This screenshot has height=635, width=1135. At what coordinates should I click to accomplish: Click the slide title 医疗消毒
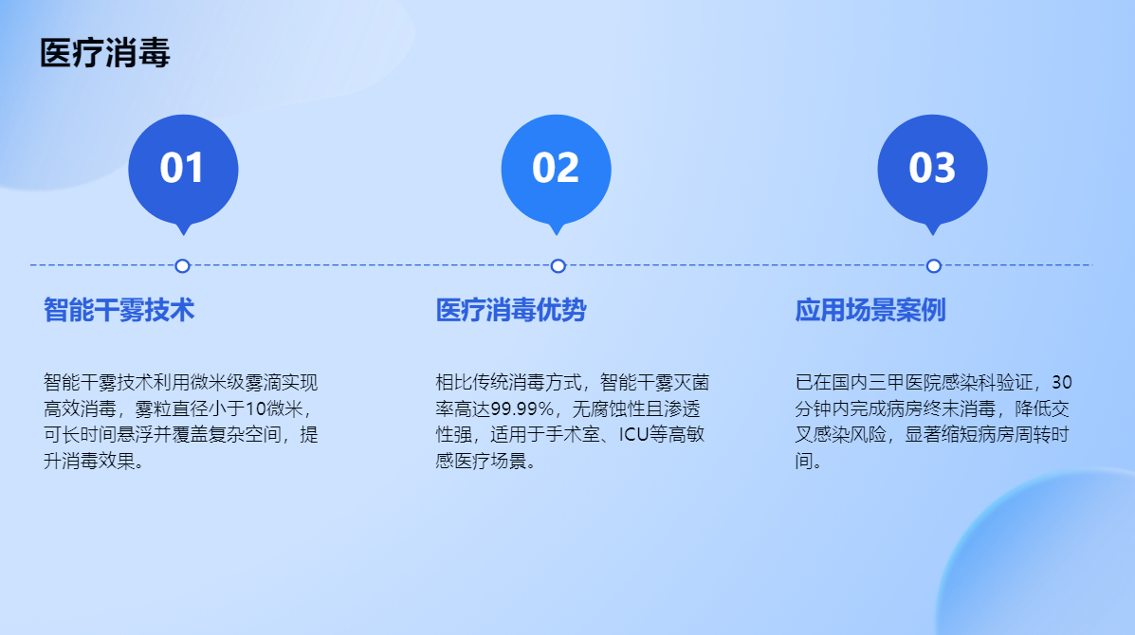105,53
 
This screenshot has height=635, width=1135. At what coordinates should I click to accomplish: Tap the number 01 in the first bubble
182,168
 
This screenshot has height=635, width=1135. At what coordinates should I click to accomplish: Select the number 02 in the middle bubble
556,168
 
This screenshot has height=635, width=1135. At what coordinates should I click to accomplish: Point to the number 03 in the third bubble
932,168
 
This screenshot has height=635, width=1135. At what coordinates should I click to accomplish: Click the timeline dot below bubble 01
182,266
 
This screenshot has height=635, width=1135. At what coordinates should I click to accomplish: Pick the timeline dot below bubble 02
558,266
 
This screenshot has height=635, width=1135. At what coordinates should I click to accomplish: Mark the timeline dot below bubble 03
934,266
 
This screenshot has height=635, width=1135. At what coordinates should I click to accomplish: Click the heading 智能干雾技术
119,310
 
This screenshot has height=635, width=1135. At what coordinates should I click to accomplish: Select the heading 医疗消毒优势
511,310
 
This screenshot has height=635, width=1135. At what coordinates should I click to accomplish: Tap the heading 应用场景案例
870,310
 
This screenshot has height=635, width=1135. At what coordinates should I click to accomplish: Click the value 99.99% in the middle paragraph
522,408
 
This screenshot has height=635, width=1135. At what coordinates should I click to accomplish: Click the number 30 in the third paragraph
1062,382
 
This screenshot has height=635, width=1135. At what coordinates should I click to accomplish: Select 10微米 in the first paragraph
274,408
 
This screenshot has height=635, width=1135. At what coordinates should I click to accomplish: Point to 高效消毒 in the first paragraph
80,408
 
